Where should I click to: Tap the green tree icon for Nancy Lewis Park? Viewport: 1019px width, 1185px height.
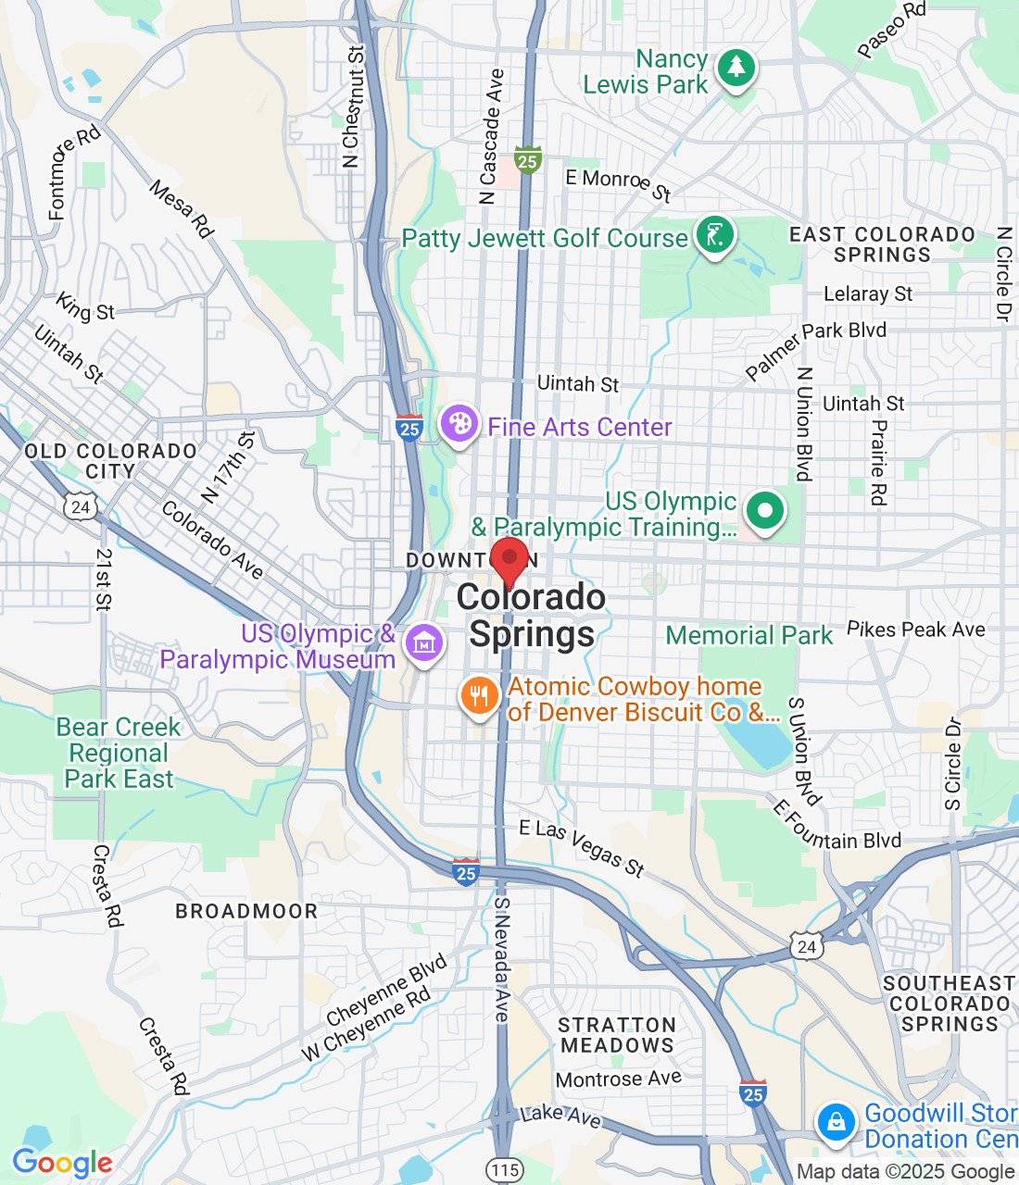coord(736,68)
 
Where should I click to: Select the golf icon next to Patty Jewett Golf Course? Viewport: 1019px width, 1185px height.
coord(714,235)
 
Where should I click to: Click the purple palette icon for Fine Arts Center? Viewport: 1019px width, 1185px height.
coord(459,425)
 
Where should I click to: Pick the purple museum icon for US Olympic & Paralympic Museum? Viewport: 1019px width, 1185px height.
coord(423,641)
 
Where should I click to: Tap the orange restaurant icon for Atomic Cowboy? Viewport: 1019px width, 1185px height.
coord(479,695)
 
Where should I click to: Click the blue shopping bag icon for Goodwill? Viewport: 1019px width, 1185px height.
coord(836,1122)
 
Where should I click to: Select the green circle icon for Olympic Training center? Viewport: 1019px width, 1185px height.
coord(764,510)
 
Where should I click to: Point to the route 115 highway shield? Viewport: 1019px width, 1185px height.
coord(505,1169)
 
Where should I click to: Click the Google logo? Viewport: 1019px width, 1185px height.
coord(62,1163)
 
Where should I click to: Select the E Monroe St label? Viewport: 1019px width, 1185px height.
coord(618,183)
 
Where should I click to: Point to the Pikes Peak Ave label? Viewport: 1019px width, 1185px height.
coord(915,630)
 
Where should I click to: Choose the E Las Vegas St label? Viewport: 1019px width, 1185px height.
coord(582,846)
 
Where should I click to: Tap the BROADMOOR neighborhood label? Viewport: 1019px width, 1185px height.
coord(246,911)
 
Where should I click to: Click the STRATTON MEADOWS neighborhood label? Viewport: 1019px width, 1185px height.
coord(617,1035)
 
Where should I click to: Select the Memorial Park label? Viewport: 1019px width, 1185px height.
coord(749,635)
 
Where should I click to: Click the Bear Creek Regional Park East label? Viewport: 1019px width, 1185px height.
coord(119,753)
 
